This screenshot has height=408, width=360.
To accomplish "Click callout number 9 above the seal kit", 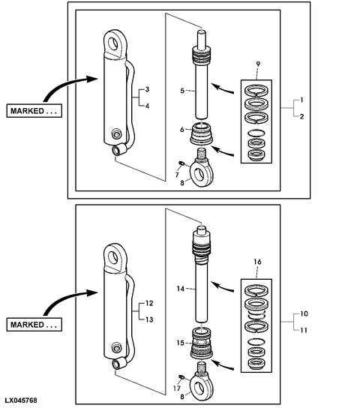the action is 258,64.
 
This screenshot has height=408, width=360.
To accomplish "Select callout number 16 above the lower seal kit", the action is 257,262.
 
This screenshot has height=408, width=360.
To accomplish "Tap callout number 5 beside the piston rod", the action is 182,91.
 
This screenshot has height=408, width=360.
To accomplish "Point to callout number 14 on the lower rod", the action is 181,289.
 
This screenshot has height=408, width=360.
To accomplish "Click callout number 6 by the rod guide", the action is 182,129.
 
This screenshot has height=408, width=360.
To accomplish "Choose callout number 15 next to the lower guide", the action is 180,343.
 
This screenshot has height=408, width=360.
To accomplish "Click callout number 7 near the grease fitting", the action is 177,175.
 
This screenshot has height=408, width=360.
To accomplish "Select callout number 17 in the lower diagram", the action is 177,388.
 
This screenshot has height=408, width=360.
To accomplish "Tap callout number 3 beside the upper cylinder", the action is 147,89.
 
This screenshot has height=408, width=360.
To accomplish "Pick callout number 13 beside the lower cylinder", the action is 149,319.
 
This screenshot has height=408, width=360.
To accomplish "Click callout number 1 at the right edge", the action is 301,100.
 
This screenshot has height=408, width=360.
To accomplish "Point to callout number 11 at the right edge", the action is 304,330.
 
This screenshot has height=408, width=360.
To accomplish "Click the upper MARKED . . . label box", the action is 34,111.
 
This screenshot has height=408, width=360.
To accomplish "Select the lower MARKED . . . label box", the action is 34,325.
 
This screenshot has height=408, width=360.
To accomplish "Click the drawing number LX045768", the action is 21,400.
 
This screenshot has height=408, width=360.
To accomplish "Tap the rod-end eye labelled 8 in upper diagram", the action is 202,173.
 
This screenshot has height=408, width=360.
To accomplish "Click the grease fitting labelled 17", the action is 181,376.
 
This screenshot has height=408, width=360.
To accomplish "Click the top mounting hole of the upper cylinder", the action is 113,43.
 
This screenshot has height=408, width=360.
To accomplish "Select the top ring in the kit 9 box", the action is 256,91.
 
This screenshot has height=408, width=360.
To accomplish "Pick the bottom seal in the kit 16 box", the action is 256,363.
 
